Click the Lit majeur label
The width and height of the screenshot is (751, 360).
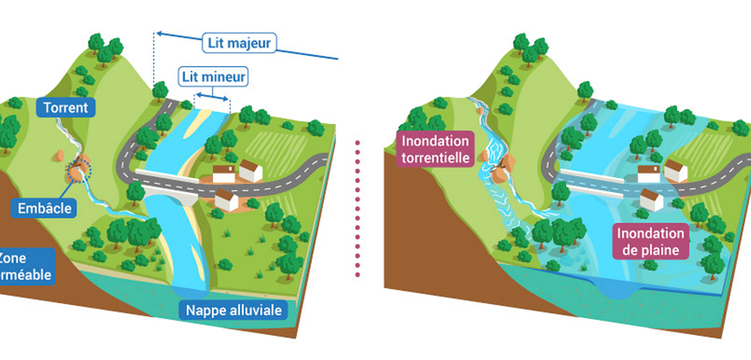click(x=239, y=43)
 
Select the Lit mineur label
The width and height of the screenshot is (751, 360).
click(x=213, y=77)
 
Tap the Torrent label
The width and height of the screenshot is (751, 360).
click(x=65, y=107)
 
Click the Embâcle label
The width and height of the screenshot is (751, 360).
click(x=44, y=208)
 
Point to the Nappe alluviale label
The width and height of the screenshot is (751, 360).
click(x=233, y=310)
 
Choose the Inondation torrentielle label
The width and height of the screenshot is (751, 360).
click(x=435, y=149)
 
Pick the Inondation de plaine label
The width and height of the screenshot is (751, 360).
click(x=650, y=241)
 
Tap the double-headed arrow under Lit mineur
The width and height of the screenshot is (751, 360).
click(x=212, y=97)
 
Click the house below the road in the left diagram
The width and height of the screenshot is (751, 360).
click(x=227, y=200)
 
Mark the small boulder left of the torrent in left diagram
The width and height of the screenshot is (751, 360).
click(x=59, y=155)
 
